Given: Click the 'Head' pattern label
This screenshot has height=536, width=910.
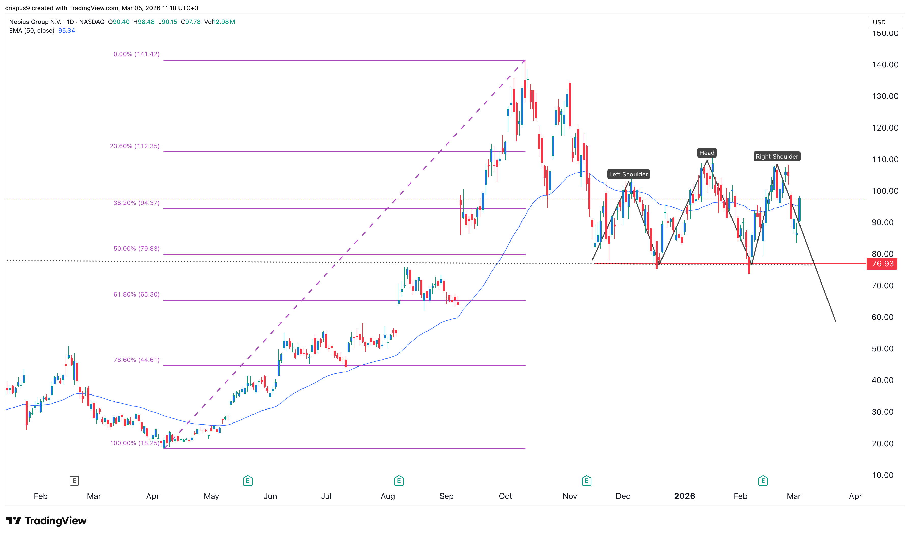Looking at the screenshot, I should click(x=706, y=153).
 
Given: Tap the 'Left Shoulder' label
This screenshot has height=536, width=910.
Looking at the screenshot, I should click(x=628, y=174).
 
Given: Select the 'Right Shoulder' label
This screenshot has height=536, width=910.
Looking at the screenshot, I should click(x=776, y=156).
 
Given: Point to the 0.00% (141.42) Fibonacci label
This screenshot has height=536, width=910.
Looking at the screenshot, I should click(x=136, y=54).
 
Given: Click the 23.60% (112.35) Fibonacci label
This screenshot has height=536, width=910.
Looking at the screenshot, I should click(x=134, y=146).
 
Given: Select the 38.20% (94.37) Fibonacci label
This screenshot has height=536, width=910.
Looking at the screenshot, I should click(x=136, y=203).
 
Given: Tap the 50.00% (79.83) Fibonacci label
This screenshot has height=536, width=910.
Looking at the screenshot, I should click(x=136, y=248).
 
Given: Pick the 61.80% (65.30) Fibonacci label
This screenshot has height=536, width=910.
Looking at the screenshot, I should click(x=136, y=294).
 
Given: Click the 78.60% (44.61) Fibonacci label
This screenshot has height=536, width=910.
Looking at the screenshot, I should click(x=136, y=360).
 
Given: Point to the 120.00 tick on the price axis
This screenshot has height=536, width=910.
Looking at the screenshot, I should click(x=885, y=128).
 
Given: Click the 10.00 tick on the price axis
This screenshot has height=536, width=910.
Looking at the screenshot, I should click(x=882, y=475).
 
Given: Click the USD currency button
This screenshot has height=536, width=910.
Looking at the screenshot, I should click(x=879, y=22).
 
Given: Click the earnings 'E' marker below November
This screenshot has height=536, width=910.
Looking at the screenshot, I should click(x=586, y=481).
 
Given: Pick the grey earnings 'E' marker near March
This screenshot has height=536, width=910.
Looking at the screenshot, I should click(x=74, y=481).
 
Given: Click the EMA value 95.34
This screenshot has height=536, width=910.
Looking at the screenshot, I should click(x=66, y=30).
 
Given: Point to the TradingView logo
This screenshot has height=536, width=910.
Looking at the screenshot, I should click(x=46, y=520).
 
